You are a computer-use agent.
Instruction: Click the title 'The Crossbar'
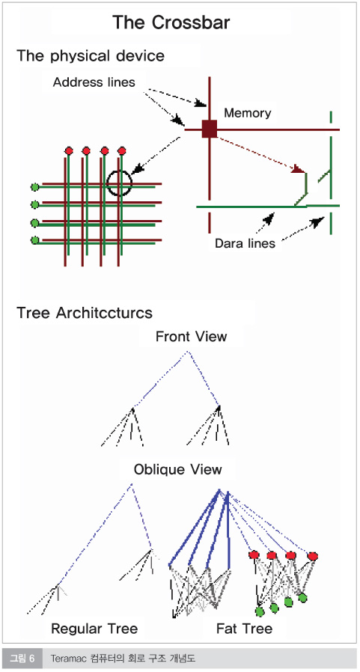tap(171, 22)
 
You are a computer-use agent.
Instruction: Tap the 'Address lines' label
tap(94, 82)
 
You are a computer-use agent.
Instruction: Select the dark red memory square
tap(210, 129)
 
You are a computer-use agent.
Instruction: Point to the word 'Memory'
tap(248, 113)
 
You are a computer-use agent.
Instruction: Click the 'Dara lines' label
tap(245, 243)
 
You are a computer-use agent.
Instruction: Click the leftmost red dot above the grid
tap(69, 150)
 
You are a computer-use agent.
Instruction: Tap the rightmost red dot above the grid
tap(122, 150)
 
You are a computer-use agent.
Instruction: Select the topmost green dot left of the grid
tap(35, 187)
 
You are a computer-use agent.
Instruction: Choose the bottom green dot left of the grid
tap(35, 240)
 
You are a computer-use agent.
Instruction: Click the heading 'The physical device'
tap(91, 56)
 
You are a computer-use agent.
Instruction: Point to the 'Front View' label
tap(191, 337)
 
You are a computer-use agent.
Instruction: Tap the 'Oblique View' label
tap(178, 469)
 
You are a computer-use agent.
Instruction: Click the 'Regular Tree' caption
tap(94, 629)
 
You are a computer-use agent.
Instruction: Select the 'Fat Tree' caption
tap(244, 629)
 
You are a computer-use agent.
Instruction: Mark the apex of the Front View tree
tap(187, 352)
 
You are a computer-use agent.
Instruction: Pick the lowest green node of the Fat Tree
tap(259, 611)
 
